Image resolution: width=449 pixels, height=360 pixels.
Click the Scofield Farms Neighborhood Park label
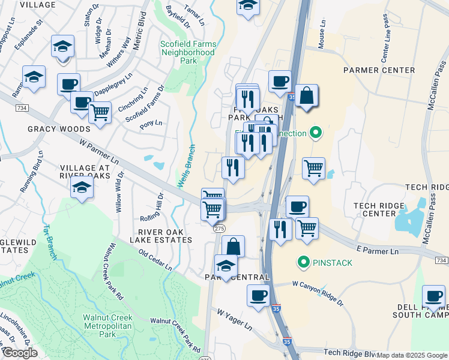coord(188,52)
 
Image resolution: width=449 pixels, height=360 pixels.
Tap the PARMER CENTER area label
coord(379,70)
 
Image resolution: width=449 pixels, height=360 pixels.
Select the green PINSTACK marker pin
coord(304,262)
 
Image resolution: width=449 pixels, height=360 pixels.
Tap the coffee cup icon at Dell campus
coord(433,295)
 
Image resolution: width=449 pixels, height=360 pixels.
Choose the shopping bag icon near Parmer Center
coord(306,95)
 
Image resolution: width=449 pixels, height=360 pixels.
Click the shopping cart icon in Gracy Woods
coord(100,111)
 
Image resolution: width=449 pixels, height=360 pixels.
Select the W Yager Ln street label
coord(235,320)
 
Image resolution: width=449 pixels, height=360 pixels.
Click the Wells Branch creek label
coord(187,165)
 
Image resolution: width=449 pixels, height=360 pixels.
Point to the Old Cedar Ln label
coord(155,259)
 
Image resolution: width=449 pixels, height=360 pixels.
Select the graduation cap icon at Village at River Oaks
coord(82,187)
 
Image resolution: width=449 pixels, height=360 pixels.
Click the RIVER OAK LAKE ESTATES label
coord(165,236)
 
